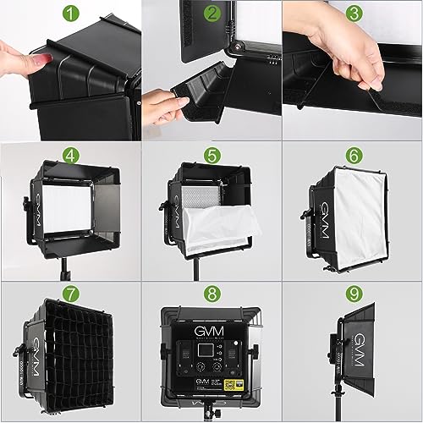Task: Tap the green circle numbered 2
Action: pos(212,13)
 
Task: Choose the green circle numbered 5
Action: pos(212,156)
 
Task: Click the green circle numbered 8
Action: pos(212,295)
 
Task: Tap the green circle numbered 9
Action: pos(354,295)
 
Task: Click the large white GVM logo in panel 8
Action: pos(211,324)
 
